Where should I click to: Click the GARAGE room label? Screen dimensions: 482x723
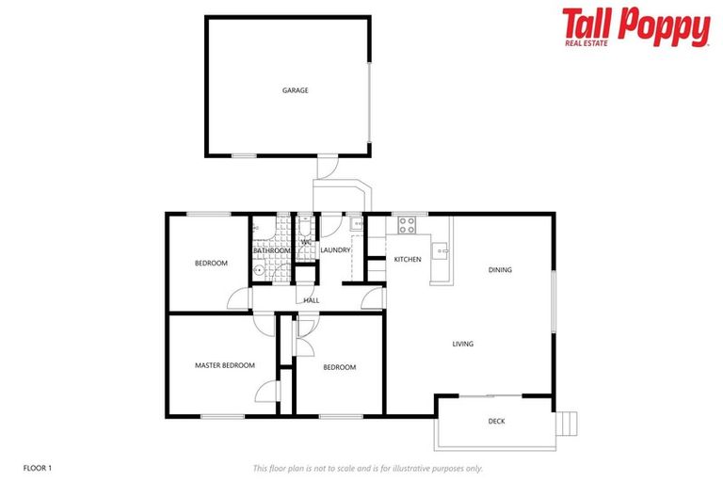pyautogui.click(x=295, y=90)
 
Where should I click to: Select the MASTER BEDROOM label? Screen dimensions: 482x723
pyautogui.click(x=224, y=365)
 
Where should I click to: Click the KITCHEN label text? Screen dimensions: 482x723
pyautogui.click(x=408, y=259)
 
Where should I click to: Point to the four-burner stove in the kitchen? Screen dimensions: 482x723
pyautogui.click(x=407, y=225)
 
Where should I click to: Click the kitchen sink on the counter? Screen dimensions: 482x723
pyautogui.click(x=439, y=250)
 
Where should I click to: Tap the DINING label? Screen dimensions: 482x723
pyautogui.click(x=500, y=270)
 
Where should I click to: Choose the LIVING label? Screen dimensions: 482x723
pyautogui.click(x=462, y=345)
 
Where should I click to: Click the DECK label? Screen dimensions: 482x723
pyautogui.click(x=496, y=422)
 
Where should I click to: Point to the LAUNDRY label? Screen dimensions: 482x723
pyautogui.click(x=335, y=250)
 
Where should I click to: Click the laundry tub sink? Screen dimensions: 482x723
pyautogui.click(x=356, y=224)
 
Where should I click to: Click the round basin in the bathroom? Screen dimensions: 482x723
pyautogui.click(x=260, y=269)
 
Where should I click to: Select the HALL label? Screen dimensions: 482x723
pyautogui.click(x=311, y=300)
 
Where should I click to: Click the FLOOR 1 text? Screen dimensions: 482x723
pyautogui.click(x=39, y=467)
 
